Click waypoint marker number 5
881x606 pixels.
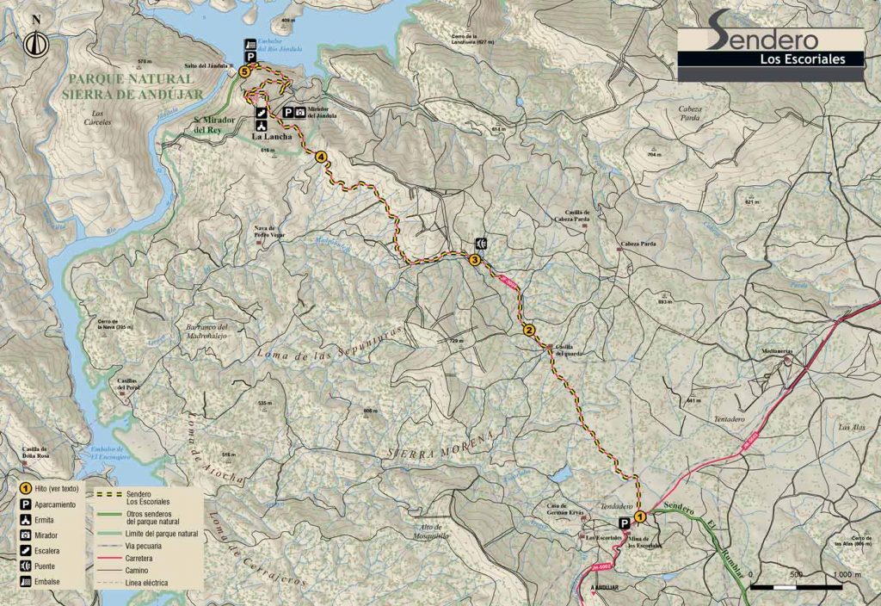(x=245, y=73)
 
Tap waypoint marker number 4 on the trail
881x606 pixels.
(x=321, y=157)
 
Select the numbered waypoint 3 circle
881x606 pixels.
(x=474, y=260)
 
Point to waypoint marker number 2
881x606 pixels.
(x=529, y=330)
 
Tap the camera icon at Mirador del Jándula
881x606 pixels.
(x=299, y=112)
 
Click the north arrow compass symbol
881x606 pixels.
(x=35, y=41)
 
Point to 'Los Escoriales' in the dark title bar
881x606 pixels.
(x=798, y=59)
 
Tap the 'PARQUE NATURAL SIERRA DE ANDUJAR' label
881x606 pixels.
(x=132, y=86)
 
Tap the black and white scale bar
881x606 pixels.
(x=796, y=587)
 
